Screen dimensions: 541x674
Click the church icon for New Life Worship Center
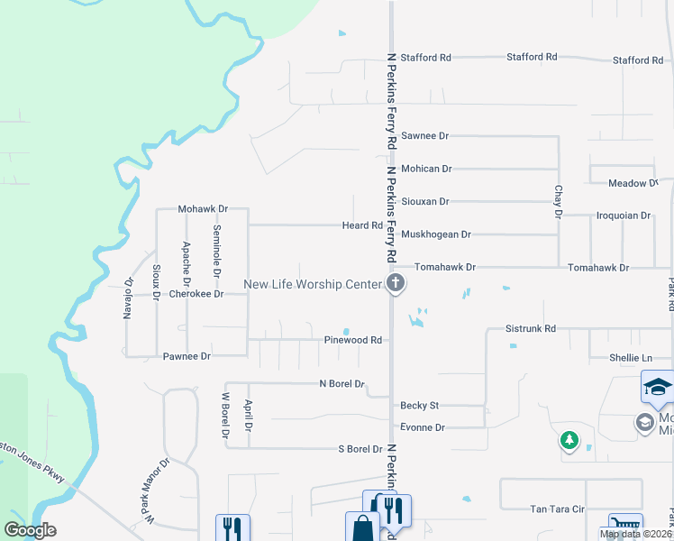click(x=395, y=285)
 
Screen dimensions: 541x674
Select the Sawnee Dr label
click(x=424, y=136)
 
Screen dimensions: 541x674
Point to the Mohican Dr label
click(x=426, y=169)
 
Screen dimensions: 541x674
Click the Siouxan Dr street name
click(x=425, y=202)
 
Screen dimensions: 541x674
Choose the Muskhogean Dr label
click(x=436, y=234)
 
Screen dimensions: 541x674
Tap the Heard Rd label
click(x=362, y=225)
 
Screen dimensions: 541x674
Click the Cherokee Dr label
click(x=196, y=294)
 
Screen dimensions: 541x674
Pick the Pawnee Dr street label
click(x=187, y=356)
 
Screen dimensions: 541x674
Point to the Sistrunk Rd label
click(x=531, y=329)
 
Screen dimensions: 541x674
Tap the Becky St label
click(x=419, y=406)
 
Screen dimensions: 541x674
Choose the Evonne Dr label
click(x=423, y=427)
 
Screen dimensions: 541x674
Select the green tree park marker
click(x=569, y=440)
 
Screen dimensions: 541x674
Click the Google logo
click(x=31, y=530)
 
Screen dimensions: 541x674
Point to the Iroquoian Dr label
click(x=624, y=216)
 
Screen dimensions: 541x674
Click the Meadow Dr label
click(x=633, y=183)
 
